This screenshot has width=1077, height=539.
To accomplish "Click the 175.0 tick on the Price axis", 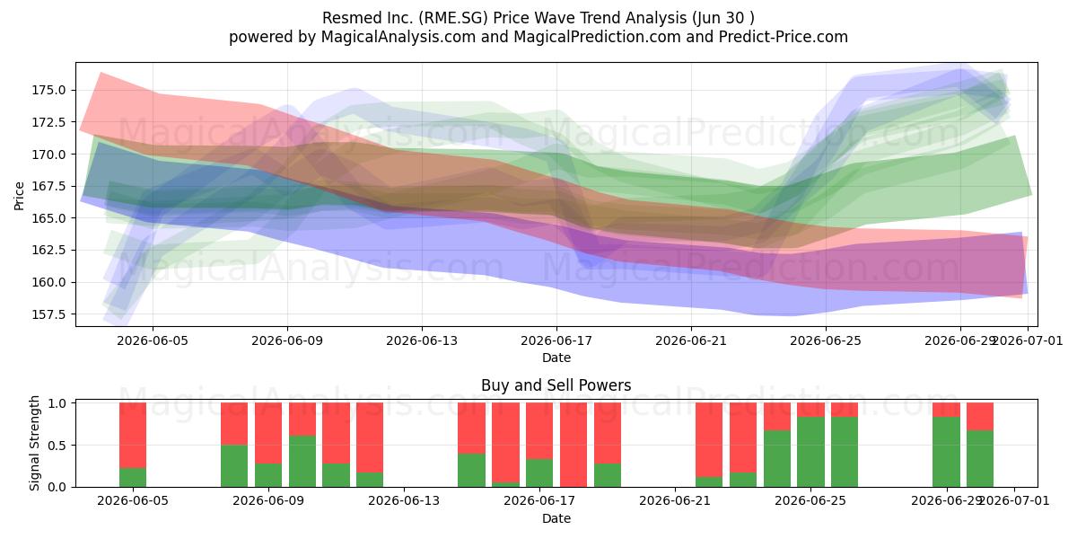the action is [48, 90].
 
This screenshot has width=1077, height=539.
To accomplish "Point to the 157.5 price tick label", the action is [48, 314].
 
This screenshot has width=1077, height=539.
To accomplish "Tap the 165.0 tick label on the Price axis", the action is [48, 218].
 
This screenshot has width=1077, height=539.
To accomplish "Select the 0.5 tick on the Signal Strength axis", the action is [57, 446].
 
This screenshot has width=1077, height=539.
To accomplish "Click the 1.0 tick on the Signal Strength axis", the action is [57, 403].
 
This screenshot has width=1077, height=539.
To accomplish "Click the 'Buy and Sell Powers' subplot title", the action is [556, 385].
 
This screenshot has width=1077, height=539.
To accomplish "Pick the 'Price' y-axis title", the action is [19, 196].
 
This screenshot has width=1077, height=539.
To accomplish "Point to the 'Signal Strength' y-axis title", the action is [34, 443].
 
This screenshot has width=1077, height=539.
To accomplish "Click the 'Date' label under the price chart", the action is [556, 358].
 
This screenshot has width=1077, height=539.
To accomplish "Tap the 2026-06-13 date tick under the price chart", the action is [422, 340].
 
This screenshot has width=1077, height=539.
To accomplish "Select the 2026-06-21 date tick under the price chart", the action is [691, 340].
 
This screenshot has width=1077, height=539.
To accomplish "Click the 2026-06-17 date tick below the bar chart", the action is [539, 501].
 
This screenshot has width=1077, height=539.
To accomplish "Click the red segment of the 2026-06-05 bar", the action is [133, 435].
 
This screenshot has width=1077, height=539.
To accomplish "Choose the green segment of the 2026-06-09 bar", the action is [268, 475].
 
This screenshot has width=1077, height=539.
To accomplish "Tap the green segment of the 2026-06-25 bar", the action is [810, 452].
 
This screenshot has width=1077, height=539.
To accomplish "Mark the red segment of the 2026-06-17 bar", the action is [539, 430].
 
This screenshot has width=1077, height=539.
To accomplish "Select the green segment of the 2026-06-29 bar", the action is [946, 452].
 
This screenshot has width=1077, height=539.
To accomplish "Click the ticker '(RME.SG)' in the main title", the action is [453, 18].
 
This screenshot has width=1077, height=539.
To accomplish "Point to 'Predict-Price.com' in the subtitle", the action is [784, 37].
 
